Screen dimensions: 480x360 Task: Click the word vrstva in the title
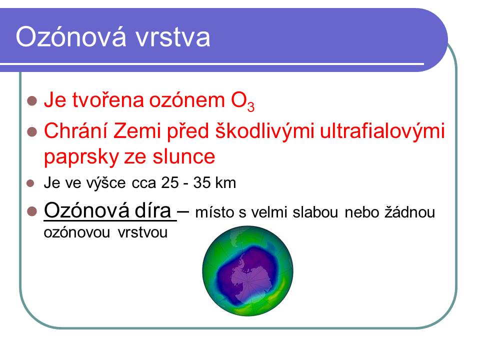[x=173, y=37]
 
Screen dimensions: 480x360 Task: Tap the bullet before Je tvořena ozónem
[x=32, y=100]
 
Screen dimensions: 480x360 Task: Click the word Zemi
[x=137, y=130]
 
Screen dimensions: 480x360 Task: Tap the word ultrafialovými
[x=382, y=130]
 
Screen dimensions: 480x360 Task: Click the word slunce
[x=184, y=156]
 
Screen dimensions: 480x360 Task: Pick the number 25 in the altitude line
[x=170, y=183]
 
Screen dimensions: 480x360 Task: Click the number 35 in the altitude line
[x=202, y=183]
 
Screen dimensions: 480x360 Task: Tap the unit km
[x=225, y=183]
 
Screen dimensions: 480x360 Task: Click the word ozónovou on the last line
[x=77, y=232]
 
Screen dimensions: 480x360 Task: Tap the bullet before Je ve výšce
[x=30, y=183]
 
